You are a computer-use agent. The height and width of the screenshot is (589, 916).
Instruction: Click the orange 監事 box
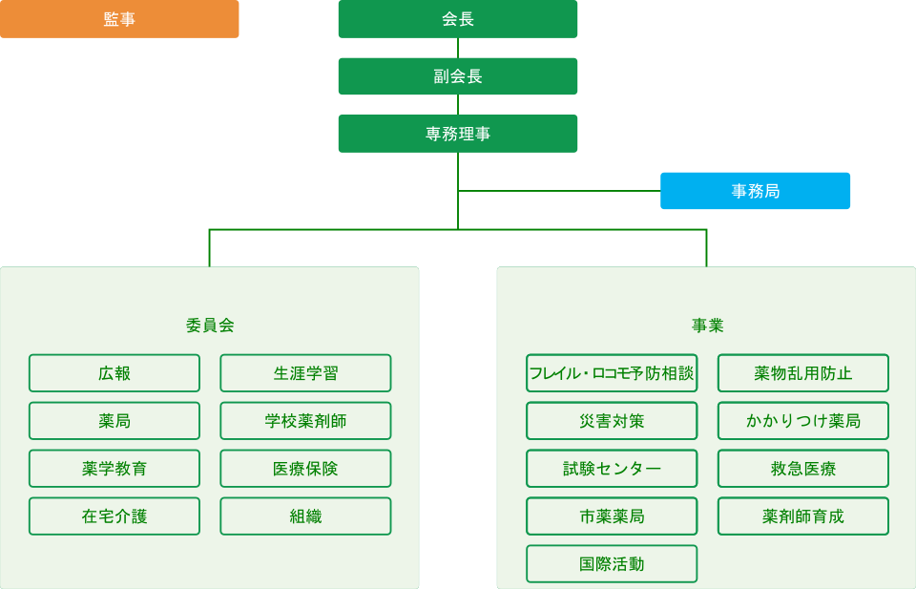click(119, 19)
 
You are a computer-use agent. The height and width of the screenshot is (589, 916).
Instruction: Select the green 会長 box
click(458, 19)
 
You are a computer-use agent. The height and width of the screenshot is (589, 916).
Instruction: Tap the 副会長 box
click(458, 76)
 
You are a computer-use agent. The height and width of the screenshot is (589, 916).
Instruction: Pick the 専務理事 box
click(458, 134)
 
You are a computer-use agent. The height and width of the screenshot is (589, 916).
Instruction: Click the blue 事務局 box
click(755, 191)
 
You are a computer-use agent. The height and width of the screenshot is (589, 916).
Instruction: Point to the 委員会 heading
click(210, 325)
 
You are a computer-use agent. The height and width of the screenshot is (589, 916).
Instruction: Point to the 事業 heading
click(707, 325)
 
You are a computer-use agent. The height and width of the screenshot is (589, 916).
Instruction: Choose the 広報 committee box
click(114, 373)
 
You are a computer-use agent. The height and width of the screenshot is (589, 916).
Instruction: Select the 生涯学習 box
click(305, 373)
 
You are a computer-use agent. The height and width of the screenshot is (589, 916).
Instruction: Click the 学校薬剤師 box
click(305, 421)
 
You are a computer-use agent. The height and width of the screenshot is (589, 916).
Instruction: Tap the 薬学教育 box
click(114, 469)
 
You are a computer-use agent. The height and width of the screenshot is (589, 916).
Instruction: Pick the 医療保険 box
click(305, 469)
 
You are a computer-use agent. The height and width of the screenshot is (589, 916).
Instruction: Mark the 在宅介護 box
click(114, 516)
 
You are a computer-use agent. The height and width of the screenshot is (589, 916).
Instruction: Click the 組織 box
click(305, 516)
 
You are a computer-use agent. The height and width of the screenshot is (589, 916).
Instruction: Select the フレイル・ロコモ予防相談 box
click(612, 373)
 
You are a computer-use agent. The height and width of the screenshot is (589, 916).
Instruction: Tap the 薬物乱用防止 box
click(802, 373)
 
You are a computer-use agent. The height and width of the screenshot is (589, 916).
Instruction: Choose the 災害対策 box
click(612, 421)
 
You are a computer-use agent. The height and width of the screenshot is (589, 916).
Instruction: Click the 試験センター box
click(612, 469)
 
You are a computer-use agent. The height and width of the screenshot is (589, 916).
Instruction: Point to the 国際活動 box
click(612, 564)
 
